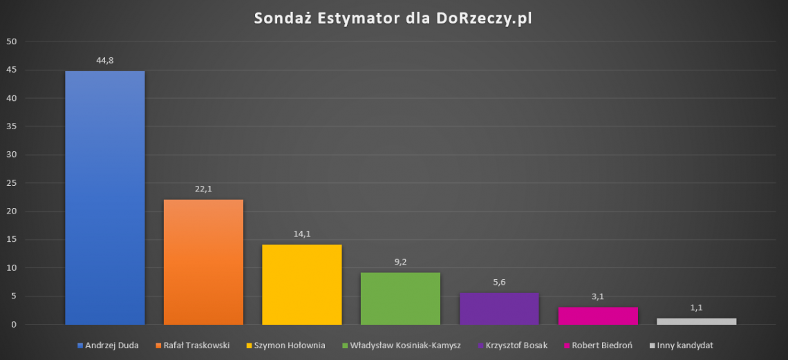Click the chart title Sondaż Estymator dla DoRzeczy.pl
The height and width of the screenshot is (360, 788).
(x=393, y=18)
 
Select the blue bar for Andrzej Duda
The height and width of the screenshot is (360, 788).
(x=105, y=198)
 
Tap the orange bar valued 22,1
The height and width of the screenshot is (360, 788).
(x=203, y=262)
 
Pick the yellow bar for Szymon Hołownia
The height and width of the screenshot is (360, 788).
(x=301, y=285)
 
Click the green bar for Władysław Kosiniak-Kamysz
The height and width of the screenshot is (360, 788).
(x=400, y=299)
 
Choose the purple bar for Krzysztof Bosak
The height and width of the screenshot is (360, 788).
(x=499, y=309)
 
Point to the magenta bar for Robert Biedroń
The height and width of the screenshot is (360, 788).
(x=598, y=316)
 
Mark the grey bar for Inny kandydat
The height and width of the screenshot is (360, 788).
(x=696, y=321)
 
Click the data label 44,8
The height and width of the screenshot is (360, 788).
(x=105, y=61)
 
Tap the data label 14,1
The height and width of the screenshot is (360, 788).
(x=302, y=234)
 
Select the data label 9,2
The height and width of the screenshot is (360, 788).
(x=400, y=262)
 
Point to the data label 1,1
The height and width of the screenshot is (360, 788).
(x=696, y=307)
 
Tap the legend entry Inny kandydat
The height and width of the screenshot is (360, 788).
(x=685, y=345)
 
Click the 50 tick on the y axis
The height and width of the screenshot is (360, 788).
(x=11, y=41)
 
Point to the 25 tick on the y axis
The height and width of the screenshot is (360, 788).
(x=11, y=183)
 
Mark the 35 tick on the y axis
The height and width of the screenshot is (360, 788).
(x=11, y=126)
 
